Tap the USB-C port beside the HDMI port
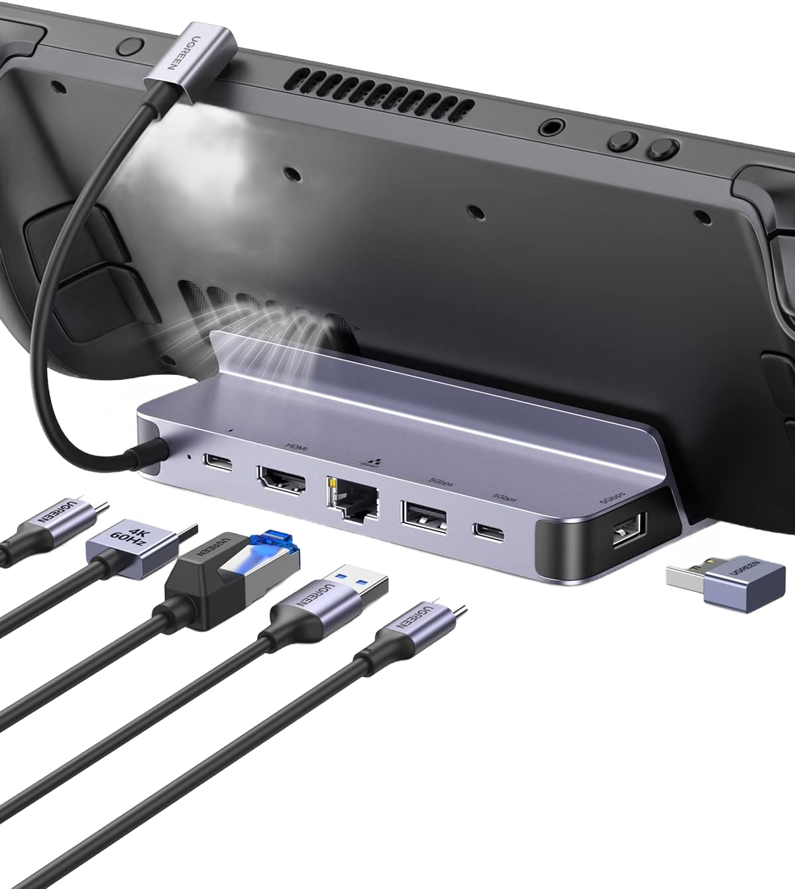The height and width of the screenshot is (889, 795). pyautogui.click(x=218, y=463)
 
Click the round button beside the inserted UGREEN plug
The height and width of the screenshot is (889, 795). pyautogui.click(x=131, y=46)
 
